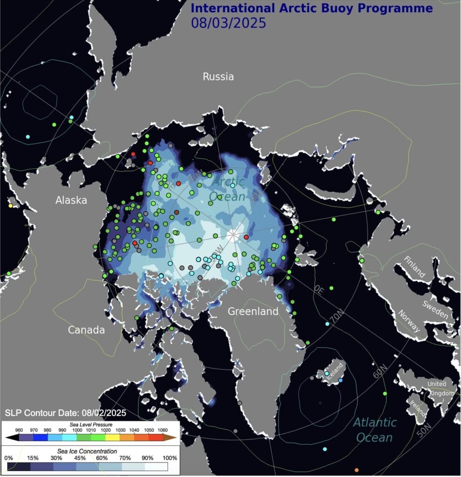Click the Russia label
pos(218,77)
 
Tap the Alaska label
pos(71,201)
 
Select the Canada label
pos(86,330)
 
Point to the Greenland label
pos(252,312)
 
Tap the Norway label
pos(409,322)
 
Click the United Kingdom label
pos(441,388)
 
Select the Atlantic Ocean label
pos(375,430)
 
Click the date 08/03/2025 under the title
pos(228,23)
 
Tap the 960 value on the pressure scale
pos(19,430)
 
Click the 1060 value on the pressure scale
pos(163,430)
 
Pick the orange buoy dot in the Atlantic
pos(356,470)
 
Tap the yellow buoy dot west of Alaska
pos(11,205)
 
